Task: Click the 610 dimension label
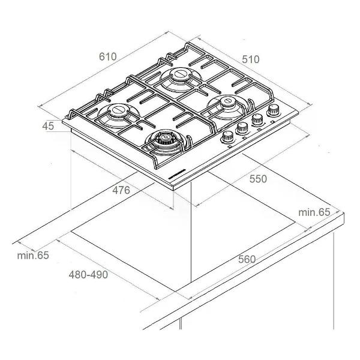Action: (107, 57)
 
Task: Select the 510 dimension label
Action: (251, 59)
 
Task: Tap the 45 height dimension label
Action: (48, 126)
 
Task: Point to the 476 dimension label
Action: (121, 190)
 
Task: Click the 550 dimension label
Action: (258, 179)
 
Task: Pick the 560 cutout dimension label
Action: (247, 259)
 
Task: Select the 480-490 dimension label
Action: (88, 275)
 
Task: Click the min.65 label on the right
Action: (314, 212)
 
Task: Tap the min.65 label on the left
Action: (33, 256)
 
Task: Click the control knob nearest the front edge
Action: (227, 137)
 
